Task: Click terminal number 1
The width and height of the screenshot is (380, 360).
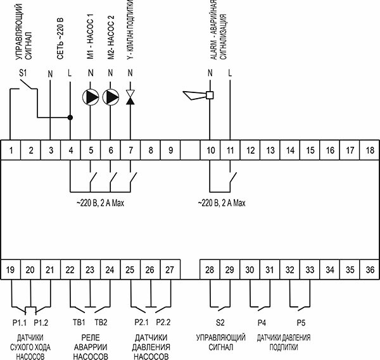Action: pyautogui.click(x=10, y=150)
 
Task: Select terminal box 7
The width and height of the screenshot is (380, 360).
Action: pyautogui.click(x=130, y=150)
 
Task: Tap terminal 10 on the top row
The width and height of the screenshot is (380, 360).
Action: pyautogui.click(x=210, y=150)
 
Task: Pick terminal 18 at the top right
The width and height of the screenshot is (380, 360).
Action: pyautogui.click(x=370, y=150)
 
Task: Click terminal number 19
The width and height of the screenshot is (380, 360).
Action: pyautogui.click(x=10, y=270)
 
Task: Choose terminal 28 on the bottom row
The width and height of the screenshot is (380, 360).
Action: pyautogui.click(x=210, y=270)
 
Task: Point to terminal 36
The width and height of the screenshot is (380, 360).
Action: pyautogui.click(x=370, y=270)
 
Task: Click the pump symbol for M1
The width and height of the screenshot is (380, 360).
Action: pyautogui.click(x=91, y=97)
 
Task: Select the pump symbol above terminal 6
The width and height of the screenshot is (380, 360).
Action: pyautogui.click(x=111, y=97)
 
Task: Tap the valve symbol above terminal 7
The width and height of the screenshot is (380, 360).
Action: pyautogui.click(x=130, y=97)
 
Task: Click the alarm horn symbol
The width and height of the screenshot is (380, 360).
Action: pyautogui.click(x=197, y=96)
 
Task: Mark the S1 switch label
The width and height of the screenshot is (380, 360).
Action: pyautogui.click(x=23, y=73)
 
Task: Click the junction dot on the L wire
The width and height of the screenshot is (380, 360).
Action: pyautogui.click(x=70, y=117)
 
